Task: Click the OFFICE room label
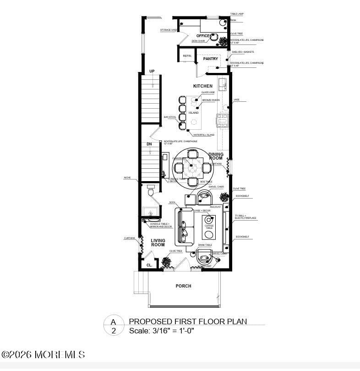coord(203,36)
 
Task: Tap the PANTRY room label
coord(211,59)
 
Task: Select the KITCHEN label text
coord(203,86)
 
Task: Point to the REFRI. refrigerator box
coord(187,56)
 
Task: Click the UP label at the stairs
coord(152,71)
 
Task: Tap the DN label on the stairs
coord(149,144)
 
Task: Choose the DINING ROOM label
coord(216,156)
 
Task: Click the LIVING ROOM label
coord(158,243)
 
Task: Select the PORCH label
coord(183,286)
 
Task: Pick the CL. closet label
coord(149,265)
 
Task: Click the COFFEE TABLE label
coord(209,227)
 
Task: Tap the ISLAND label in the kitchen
coord(194,113)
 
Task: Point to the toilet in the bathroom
coord(151,191)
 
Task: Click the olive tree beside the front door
coord(166,262)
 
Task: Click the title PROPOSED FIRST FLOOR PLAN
coord(188,321)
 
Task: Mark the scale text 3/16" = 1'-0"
coord(162,331)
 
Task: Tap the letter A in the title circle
coord(113,321)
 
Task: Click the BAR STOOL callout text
coord(170,117)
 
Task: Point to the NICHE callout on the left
coord(127,177)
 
